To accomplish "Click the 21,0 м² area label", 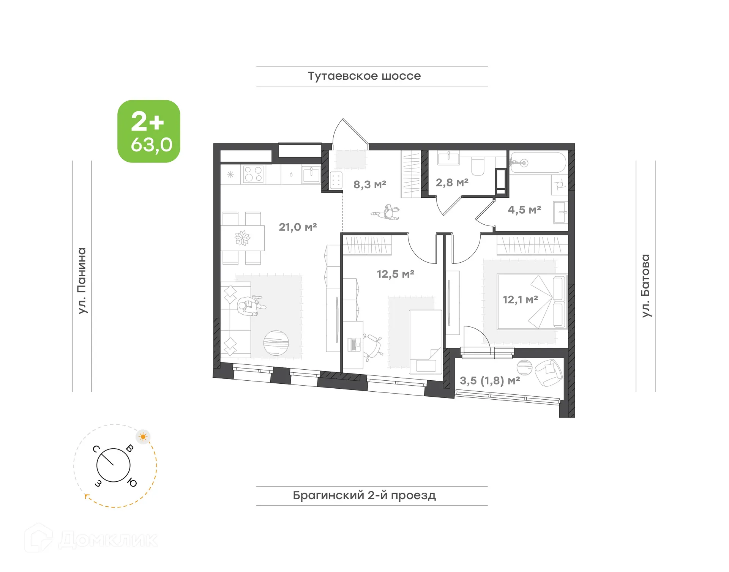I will (x=298, y=227).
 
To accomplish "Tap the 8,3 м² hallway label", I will (x=369, y=184).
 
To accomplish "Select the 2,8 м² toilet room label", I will (x=452, y=183).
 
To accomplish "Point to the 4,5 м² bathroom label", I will (x=524, y=210).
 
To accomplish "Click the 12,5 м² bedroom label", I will (x=395, y=274).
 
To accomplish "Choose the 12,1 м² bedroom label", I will (x=520, y=299).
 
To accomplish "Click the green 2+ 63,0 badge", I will (x=149, y=131).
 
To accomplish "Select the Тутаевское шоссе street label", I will (x=364, y=76).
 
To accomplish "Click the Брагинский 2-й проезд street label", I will (x=364, y=495).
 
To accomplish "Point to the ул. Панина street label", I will (x=82, y=281).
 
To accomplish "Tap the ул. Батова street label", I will (x=645, y=285).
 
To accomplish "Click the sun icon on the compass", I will (x=143, y=437).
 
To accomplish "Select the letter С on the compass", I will (x=96, y=449).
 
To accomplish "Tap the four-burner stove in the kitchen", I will (x=253, y=174).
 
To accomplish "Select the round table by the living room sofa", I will (x=276, y=343).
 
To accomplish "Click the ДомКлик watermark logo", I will (x=91, y=539).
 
